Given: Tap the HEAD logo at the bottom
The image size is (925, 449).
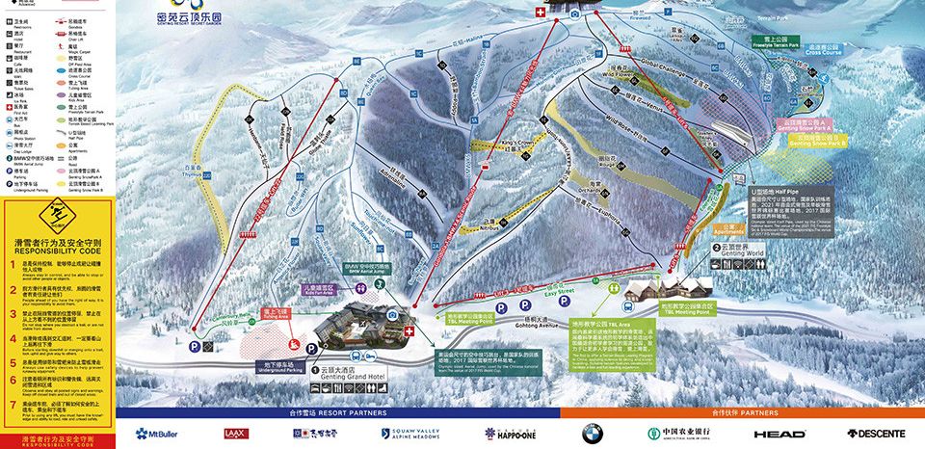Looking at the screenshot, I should point(780,434).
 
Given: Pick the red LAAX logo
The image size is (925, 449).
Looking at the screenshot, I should point(235,434).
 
